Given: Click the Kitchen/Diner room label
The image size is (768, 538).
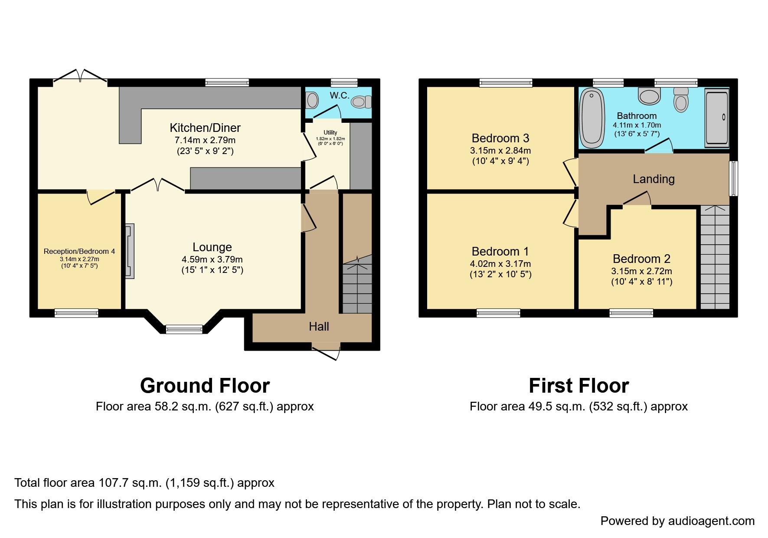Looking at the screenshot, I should (205, 128).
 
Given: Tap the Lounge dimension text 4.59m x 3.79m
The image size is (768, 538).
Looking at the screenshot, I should (212, 259).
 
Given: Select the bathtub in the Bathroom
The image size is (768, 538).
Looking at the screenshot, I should (592, 117).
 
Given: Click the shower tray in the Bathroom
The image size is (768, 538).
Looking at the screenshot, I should (717, 117).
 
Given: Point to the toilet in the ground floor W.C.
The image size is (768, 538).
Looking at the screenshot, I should (361, 102).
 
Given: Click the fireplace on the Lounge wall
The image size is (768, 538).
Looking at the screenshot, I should (130, 251).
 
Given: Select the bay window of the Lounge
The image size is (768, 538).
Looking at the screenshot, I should (184, 329).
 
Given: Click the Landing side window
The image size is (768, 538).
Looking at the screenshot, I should (733, 179).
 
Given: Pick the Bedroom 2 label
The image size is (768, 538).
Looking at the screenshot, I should (641, 259).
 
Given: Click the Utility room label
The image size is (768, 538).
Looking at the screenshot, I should (330, 133).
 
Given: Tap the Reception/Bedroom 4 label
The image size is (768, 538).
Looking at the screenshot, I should (79, 252).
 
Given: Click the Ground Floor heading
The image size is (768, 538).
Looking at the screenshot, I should (205, 386).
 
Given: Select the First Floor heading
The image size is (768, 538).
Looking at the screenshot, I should (578, 386).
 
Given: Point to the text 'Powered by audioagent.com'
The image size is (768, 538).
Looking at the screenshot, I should (677, 521).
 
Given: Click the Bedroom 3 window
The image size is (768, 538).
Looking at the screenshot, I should (506, 82).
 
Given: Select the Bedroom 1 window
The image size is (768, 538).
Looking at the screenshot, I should (498, 313).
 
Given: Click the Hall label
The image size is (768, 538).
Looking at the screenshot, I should (319, 327).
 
